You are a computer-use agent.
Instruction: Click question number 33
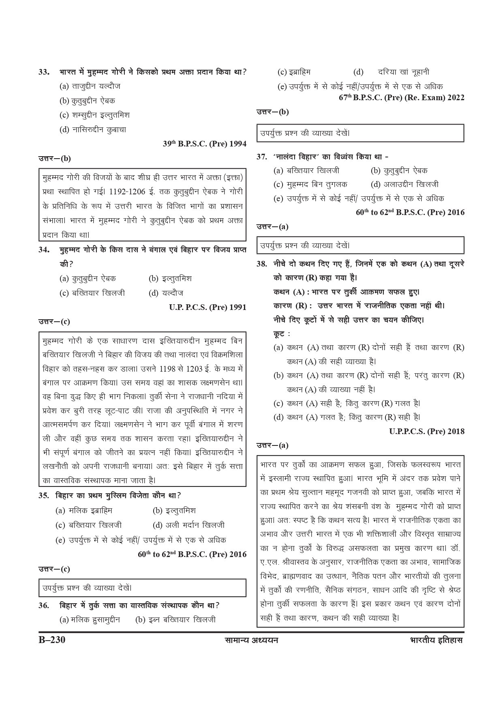(x=44, y=72)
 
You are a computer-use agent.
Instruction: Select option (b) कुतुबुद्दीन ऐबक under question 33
(x=87, y=101)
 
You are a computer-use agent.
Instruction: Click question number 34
(x=44, y=250)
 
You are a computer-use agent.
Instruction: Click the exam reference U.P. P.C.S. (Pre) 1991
(x=208, y=307)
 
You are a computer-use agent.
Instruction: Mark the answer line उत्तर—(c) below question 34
(x=54, y=322)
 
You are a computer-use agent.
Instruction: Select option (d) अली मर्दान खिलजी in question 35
(x=188, y=525)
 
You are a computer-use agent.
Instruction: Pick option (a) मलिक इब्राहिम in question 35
(x=84, y=510)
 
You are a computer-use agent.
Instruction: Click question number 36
(x=44, y=605)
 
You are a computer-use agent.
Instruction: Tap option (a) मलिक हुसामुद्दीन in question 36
(x=90, y=620)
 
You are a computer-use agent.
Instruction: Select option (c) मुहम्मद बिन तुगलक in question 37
(x=310, y=184)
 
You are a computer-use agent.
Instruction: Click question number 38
(x=262, y=264)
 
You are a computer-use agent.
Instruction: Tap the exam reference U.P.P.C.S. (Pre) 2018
(x=426, y=431)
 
